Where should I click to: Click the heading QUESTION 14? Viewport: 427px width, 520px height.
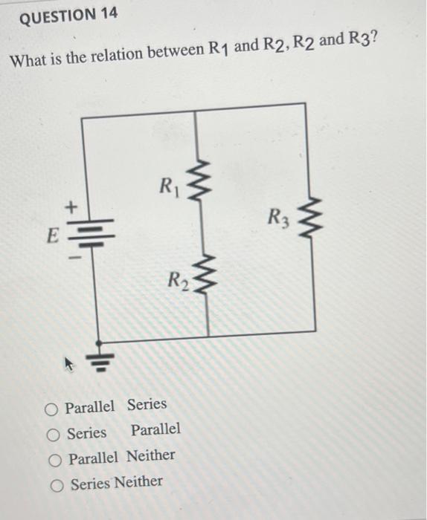tap(68, 16)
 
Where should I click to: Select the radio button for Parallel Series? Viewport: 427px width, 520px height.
tap(51, 408)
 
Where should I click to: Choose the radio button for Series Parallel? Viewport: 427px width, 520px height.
tap(53, 434)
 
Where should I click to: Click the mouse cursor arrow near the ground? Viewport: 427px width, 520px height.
tap(72, 364)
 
